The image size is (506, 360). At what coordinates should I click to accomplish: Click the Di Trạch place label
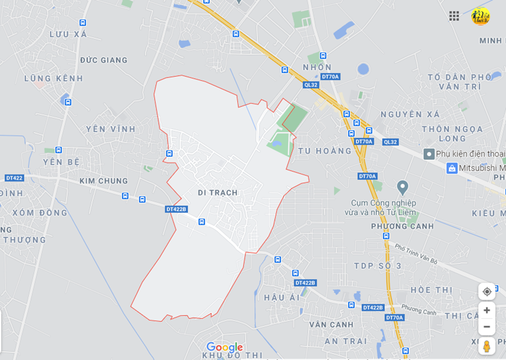pos(217,192)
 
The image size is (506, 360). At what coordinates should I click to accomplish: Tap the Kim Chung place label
pos(104,181)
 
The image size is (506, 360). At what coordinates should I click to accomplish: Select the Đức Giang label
pos(104,60)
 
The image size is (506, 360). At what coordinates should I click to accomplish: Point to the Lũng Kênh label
pos(54,78)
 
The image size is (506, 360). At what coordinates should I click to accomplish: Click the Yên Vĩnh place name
pos(111,129)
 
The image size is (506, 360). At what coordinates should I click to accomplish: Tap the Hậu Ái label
pos(282,297)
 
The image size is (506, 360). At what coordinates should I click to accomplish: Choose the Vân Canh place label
pos(331,324)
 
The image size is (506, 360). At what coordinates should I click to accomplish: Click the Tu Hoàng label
pos(325,151)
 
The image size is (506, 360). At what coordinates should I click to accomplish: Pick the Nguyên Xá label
pos(410,114)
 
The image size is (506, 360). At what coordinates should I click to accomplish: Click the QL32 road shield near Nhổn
pos(311,85)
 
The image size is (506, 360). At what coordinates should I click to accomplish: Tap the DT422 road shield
pos(14,178)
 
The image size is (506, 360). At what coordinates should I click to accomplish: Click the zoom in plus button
pos(487,310)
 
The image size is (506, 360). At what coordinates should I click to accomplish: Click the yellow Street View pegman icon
pos(487,346)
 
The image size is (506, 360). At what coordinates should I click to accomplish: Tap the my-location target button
pos(487,291)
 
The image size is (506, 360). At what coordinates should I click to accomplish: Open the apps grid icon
pos(454,16)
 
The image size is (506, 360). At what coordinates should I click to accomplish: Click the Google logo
pos(224,347)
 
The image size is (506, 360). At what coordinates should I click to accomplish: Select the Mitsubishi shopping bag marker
pos(452,168)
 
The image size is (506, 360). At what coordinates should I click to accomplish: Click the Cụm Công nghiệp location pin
pos(402,187)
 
